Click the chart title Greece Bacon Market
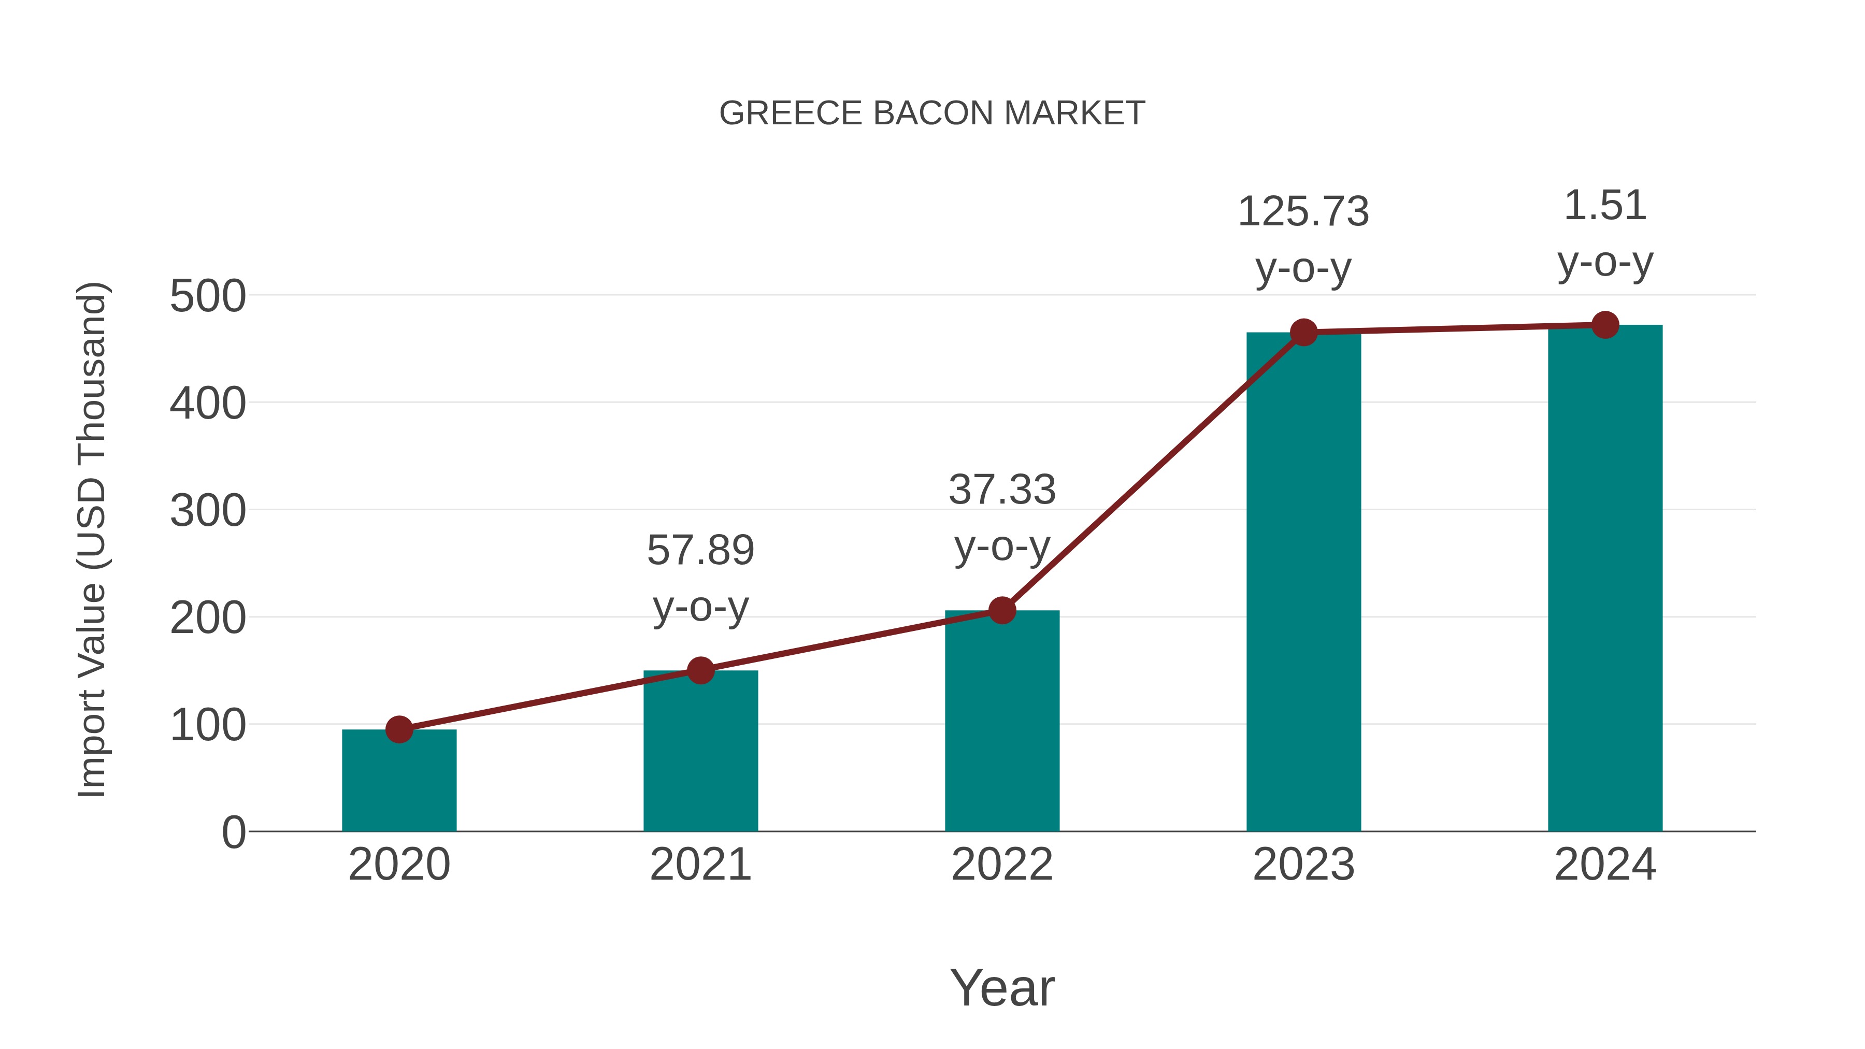coord(932,113)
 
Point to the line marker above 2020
coord(399,730)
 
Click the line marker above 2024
coord(1605,325)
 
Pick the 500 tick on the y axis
coord(208,296)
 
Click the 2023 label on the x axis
coord(1303,865)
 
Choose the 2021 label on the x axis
coord(700,865)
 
